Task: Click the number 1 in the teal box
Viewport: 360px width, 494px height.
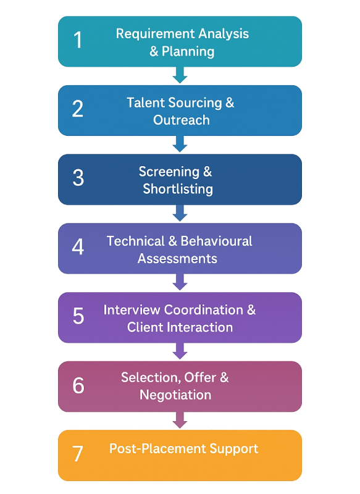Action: click(x=78, y=40)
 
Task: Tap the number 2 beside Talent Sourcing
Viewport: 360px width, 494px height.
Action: click(x=78, y=109)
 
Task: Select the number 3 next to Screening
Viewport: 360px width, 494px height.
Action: click(x=78, y=178)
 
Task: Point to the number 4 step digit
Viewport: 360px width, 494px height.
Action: click(x=78, y=247)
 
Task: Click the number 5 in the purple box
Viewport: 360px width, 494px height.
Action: click(x=78, y=316)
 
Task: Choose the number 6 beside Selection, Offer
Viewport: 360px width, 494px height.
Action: click(x=78, y=385)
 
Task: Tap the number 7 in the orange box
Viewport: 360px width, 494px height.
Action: click(x=78, y=454)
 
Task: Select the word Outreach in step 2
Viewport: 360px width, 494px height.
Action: click(x=182, y=120)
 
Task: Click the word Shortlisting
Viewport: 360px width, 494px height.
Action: click(x=178, y=189)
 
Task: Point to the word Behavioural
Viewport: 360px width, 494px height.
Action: click(x=215, y=241)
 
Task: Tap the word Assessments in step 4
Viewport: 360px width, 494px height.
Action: click(x=177, y=258)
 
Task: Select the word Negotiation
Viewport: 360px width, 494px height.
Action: click(x=175, y=395)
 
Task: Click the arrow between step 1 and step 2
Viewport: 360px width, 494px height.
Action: click(x=180, y=75)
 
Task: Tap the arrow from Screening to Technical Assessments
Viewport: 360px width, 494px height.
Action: click(x=180, y=214)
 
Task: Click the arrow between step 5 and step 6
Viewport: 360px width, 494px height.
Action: click(x=180, y=351)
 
